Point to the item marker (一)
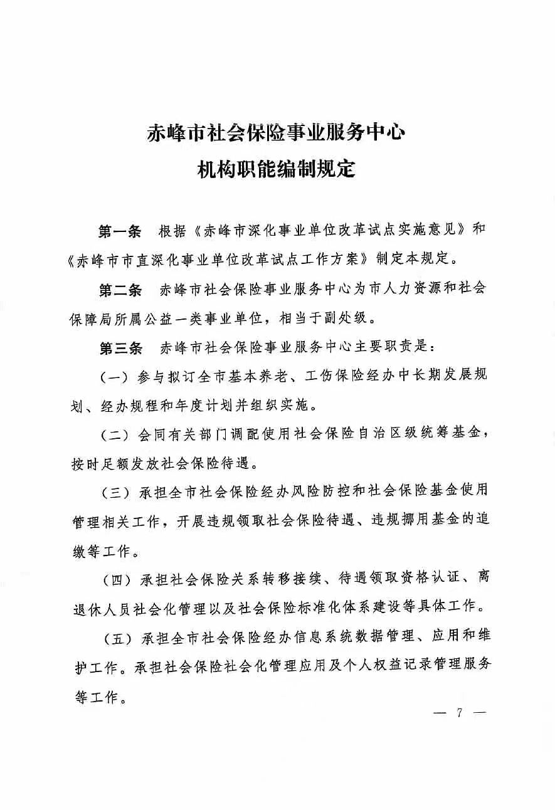[x=115, y=377]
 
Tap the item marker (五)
[x=115, y=637]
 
